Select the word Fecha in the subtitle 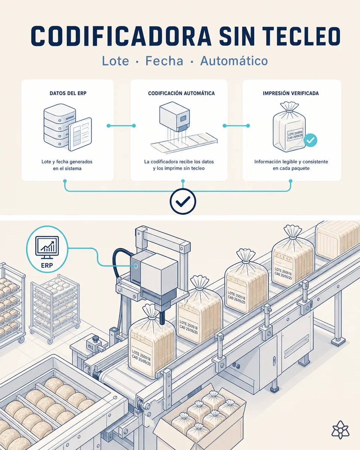(164, 61)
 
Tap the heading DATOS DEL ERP (68, 93)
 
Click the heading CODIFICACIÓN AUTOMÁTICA (181, 93)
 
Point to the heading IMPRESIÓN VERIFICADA (291, 93)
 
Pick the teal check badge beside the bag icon (310, 140)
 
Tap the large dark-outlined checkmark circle (183, 201)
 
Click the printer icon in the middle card (175, 117)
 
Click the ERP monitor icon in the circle (47, 247)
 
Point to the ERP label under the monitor (47, 265)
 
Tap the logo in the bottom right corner (340, 429)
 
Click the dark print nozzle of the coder (162, 318)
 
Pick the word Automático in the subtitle (234, 61)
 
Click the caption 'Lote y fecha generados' (67, 162)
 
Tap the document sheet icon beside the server (80, 134)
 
